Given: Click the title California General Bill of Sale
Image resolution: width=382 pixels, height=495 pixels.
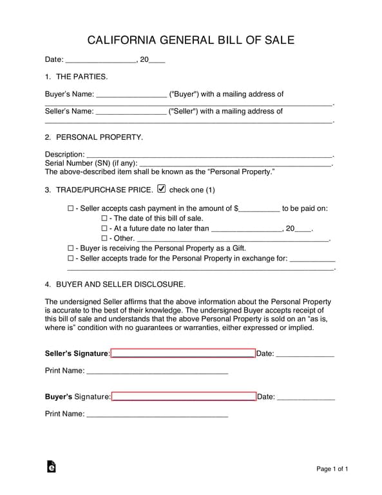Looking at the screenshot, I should (x=191, y=40).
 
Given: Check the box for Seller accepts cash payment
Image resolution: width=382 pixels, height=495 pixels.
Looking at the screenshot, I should (x=71, y=209).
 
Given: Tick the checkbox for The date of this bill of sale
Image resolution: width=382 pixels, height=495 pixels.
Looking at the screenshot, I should (x=104, y=218).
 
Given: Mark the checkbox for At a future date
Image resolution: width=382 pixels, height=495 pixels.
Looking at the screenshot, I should (x=104, y=228).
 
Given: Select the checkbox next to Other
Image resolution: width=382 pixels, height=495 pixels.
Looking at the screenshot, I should (x=104, y=238).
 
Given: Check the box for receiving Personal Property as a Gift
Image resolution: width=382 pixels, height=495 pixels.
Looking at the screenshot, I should (x=71, y=248).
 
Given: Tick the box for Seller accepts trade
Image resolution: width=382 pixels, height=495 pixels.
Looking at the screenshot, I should (x=71, y=258).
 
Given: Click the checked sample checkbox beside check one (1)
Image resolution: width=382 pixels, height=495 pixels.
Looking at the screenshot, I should (x=161, y=189).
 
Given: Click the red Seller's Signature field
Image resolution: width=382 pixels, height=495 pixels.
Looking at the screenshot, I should (x=183, y=353).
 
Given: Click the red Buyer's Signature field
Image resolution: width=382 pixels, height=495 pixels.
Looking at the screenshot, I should (x=184, y=396).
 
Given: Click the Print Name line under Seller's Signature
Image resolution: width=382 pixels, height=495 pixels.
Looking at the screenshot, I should (x=157, y=373).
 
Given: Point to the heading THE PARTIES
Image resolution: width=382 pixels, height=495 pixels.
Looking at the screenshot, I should (x=82, y=77).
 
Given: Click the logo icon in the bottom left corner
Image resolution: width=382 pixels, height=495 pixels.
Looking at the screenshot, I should (x=51, y=467).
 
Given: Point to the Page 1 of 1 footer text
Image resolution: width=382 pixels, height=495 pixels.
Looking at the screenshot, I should (x=332, y=469).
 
